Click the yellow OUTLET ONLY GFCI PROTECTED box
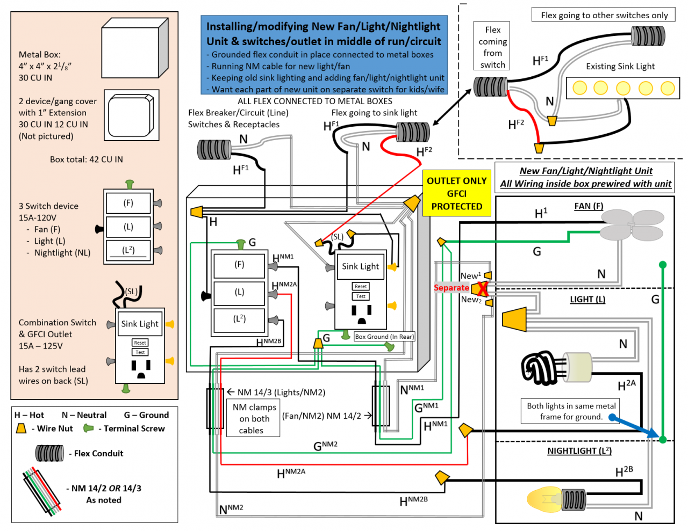(456, 193)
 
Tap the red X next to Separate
(482, 289)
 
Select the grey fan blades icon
(632, 224)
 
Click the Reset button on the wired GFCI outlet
(360, 286)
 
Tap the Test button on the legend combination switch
(140, 352)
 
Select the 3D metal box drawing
(135, 48)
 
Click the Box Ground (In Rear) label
(384, 337)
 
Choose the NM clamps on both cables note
(253, 418)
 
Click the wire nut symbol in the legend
(21, 428)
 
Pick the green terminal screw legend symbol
(88, 428)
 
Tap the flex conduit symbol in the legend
(49, 453)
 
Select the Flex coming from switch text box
(492, 46)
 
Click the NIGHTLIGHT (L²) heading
(579, 450)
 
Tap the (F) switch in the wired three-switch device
(239, 265)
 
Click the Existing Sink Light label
(620, 67)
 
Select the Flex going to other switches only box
(604, 15)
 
